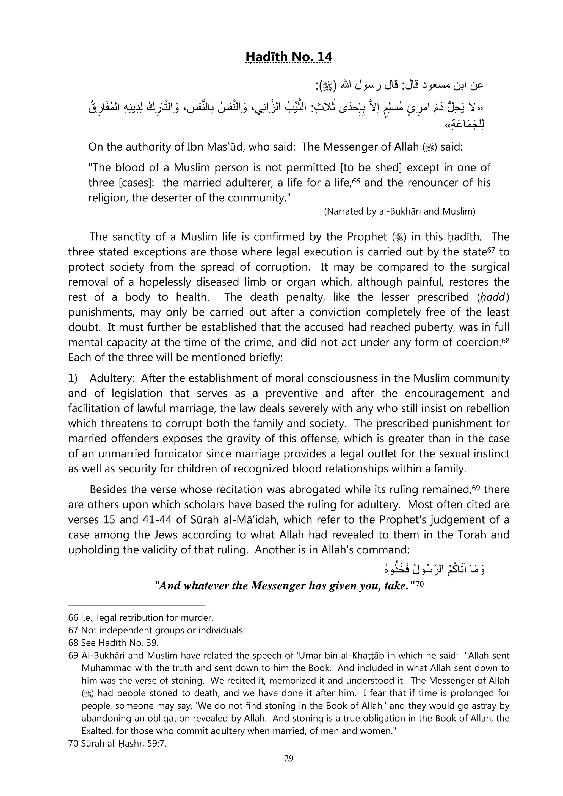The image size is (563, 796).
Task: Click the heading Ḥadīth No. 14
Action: tap(289, 57)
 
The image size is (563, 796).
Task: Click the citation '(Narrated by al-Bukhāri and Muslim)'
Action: tap(399, 211)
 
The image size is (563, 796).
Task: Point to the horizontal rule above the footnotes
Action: tap(136, 605)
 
